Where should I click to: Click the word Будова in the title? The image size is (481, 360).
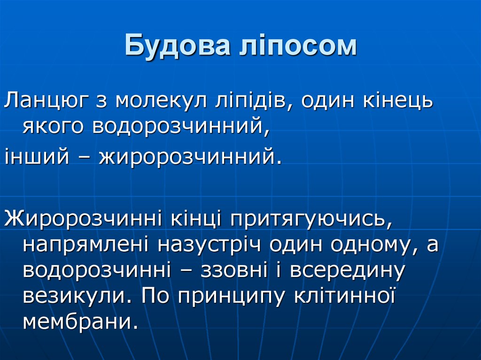pos(176,46)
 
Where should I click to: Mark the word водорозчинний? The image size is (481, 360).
pos(181,126)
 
